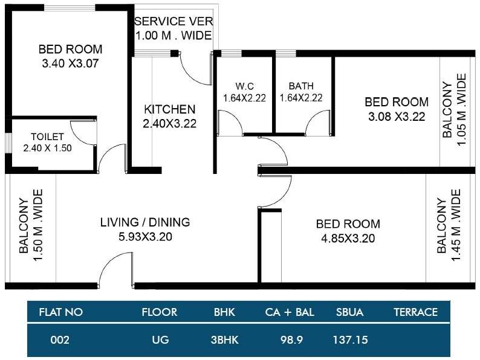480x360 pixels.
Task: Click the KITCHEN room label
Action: pyautogui.click(x=169, y=110)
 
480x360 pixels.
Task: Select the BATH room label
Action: pyautogui.click(x=300, y=85)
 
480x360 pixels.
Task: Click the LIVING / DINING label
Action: pyautogui.click(x=145, y=222)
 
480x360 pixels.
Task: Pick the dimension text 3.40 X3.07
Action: pyautogui.click(x=70, y=63)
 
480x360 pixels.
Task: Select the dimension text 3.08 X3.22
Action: pyautogui.click(x=398, y=117)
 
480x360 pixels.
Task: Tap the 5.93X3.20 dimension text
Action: pyautogui.click(x=145, y=237)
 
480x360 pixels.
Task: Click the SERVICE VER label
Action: pyautogui.click(x=174, y=22)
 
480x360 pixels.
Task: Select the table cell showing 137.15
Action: pyautogui.click(x=350, y=340)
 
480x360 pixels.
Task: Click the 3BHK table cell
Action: pyautogui.click(x=225, y=340)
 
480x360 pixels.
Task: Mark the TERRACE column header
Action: pyautogui.click(x=415, y=312)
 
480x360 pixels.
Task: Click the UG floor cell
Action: pyautogui.click(x=160, y=340)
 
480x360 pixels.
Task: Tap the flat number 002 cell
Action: pyautogui.click(x=60, y=340)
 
